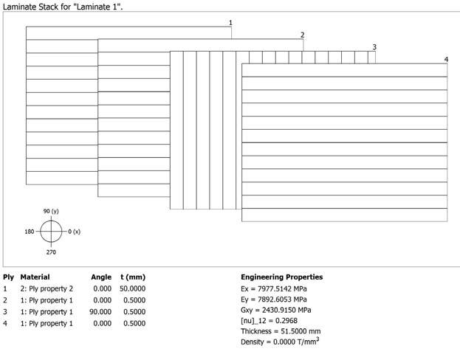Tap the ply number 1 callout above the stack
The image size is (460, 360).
pyautogui.click(x=230, y=23)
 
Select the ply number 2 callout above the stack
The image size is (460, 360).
pyautogui.click(x=303, y=35)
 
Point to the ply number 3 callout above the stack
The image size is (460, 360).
pyautogui.click(x=374, y=47)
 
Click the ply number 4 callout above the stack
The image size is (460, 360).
pyautogui.click(x=446, y=59)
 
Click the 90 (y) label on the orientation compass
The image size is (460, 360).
pyautogui.click(x=51, y=211)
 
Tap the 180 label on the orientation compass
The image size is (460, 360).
pyautogui.click(x=30, y=232)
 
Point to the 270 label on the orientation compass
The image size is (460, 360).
pyautogui.click(x=51, y=252)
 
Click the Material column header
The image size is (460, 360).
pyautogui.click(x=35, y=277)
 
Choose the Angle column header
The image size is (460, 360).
pyautogui.click(x=101, y=277)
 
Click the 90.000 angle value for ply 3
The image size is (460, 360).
pyautogui.click(x=100, y=311)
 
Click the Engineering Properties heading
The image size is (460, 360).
pyautogui.click(x=281, y=277)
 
